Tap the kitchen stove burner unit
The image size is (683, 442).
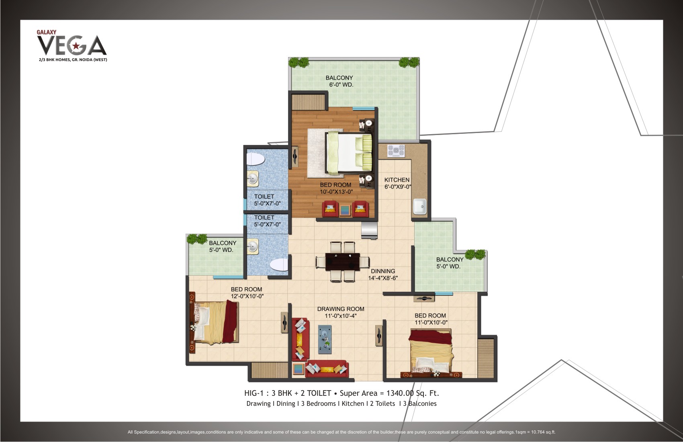[396, 151]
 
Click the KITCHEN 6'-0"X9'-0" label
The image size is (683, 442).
[397, 183]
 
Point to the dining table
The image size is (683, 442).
[343, 262]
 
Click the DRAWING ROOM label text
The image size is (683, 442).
[341, 309]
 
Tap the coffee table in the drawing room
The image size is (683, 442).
[325, 340]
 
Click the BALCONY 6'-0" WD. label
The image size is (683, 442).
[339, 81]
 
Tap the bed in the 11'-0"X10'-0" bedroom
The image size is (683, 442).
[431, 352]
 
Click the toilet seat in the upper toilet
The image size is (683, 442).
[255, 159]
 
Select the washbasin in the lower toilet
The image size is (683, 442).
[253, 246]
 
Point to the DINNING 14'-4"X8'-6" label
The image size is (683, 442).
[383, 274]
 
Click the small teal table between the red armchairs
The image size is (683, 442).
[345, 210]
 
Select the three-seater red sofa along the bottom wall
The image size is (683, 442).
[326, 369]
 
